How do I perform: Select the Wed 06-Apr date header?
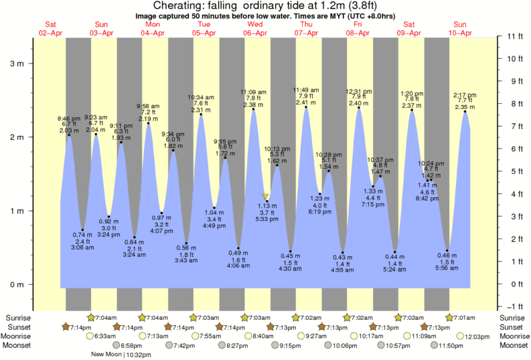pos(255,29)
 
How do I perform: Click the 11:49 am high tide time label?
pos(307,90)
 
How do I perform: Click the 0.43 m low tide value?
pos(343,257)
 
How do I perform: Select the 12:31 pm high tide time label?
pos(359,91)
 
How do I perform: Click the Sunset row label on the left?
pos(17,327)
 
